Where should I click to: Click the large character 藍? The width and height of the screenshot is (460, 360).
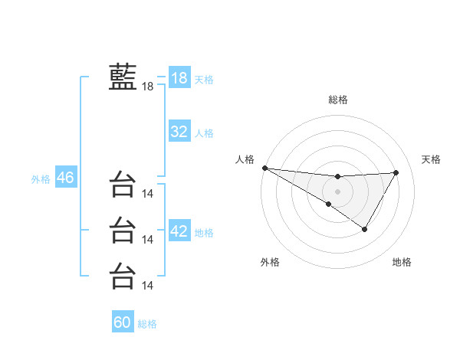[123, 77]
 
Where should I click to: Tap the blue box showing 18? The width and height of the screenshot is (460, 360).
[179, 77]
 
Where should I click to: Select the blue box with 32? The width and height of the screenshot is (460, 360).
[179, 132]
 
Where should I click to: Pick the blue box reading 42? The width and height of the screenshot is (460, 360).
[179, 231]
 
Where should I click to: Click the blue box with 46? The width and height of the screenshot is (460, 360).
[65, 178]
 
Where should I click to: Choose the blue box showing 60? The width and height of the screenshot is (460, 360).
[123, 322]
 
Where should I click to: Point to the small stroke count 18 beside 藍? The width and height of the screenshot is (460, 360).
[148, 87]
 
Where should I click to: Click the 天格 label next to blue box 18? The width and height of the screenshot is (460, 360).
[204, 79]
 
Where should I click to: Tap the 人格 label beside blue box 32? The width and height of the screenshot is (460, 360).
[204, 133]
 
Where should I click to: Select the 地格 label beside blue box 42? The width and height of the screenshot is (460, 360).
[204, 233]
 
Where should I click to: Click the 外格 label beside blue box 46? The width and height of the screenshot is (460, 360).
[41, 179]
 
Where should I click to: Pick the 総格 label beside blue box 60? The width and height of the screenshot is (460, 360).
[147, 324]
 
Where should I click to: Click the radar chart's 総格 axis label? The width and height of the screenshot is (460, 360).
[338, 100]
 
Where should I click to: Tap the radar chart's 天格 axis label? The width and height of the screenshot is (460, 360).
[432, 159]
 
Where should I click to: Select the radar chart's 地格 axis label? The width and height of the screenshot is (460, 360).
[402, 263]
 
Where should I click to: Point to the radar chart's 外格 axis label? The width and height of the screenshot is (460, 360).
[270, 263]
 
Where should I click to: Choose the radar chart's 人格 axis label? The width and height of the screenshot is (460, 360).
[245, 159]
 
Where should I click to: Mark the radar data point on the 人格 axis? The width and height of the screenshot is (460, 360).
[264, 168]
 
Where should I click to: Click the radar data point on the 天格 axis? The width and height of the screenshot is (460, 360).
[396, 172]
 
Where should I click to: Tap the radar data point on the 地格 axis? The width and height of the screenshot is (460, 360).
[365, 229]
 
